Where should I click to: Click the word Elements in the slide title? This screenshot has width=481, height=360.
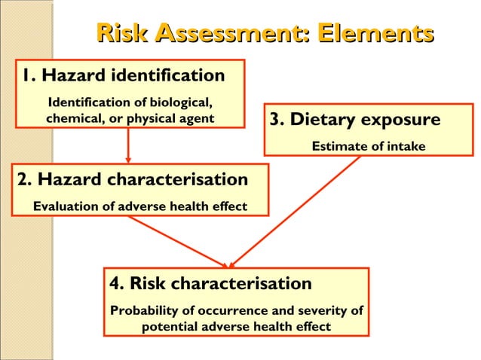click(x=375, y=34)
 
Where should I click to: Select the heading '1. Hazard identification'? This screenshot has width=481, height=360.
click(x=123, y=76)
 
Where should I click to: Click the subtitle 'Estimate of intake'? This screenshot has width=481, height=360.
click(x=369, y=145)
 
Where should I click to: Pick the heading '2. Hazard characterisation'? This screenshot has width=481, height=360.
click(x=132, y=180)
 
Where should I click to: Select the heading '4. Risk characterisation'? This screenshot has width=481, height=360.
click(x=210, y=284)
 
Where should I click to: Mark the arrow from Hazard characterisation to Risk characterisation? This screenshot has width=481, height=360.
click(x=177, y=241)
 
